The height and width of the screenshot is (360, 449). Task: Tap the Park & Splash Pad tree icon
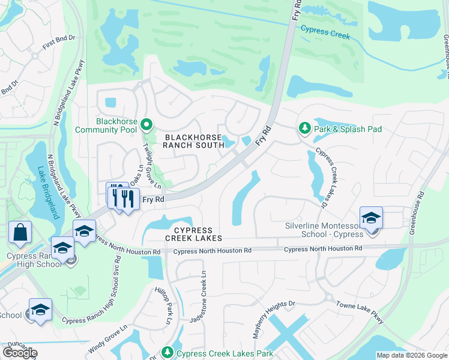pyautogui.click(x=305, y=128)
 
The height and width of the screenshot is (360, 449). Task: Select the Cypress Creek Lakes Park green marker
pyautogui.click(x=168, y=353)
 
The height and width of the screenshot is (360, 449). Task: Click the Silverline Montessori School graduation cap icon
pyautogui.click(x=372, y=217)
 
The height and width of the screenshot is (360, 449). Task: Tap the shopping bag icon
pyautogui.click(x=20, y=232)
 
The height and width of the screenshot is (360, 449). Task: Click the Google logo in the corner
pyautogui.click(x=20, y=353)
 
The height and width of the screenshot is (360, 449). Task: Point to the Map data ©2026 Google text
pyautogui.click(x=411, y=356)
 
